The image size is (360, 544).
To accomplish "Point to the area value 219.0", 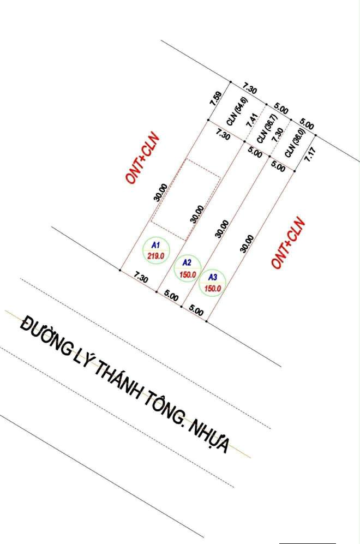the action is click(155, 256).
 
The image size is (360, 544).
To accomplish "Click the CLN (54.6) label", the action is click(237, 111).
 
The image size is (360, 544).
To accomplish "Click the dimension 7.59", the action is click(215, 98).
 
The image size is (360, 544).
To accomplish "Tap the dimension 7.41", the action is click(252, 120).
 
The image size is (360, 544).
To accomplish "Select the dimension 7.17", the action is click(309, 154).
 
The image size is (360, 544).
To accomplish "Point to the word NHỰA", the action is click(209, 435).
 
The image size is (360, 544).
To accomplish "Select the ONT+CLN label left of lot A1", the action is click(143, 158).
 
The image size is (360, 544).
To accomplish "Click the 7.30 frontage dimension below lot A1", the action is click(141, 277).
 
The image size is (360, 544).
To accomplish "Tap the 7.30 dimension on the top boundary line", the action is click(249, 88).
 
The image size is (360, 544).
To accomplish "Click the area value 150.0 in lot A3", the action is click(213, 288).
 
